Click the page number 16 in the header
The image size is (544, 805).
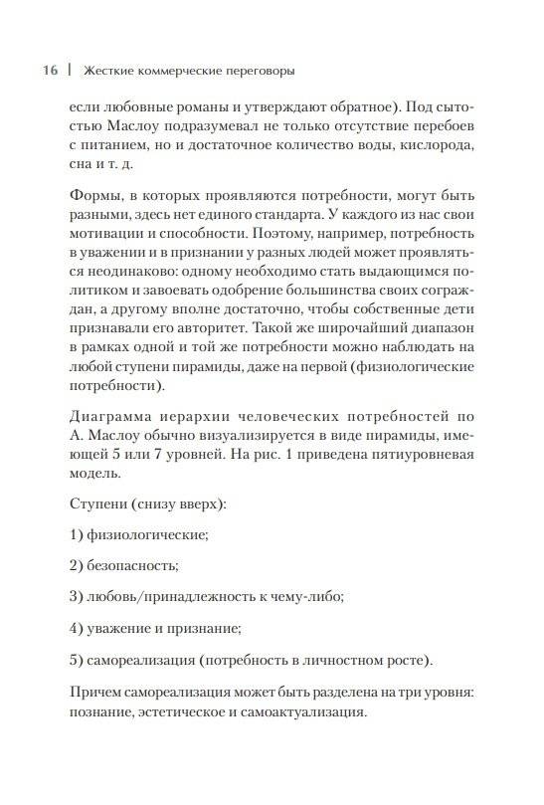pyautogui.click(x=50, y=71)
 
